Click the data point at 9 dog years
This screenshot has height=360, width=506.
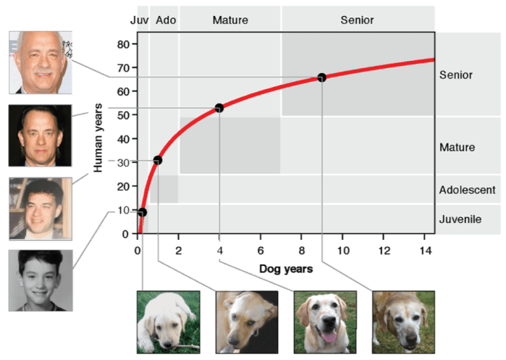click(x=321, y=78)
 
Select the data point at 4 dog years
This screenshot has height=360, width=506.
click(x=219, y=108)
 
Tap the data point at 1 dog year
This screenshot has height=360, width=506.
click(x=158, y=160)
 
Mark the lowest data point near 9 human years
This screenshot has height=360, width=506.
click(x=143, y=212)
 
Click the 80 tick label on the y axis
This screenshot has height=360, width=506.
click(x=123, y=45)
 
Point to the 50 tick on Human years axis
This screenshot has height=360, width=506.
click(x=123, y=115)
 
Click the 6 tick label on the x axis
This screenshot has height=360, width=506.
click(x=261, y=251)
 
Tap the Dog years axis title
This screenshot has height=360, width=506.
click(x=286, y=269)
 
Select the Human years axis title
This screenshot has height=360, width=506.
click(x=98, y=138)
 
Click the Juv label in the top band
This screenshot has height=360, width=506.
click(x=139, y=20)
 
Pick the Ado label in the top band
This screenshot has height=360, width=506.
click(x=166, y=20)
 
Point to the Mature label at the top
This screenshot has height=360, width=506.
click(x=230, y=20)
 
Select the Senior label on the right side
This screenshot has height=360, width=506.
click(x=455, y=75)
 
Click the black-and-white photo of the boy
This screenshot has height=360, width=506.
click(x=41, y=280)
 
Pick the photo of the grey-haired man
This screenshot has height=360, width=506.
click(x=41, y=62)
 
